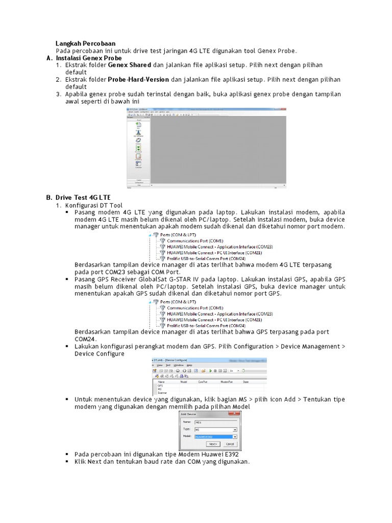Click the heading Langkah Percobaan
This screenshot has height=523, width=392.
coord(85,43)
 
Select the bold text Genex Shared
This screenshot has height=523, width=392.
coord(129,65)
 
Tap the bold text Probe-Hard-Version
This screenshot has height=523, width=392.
coord(138,80)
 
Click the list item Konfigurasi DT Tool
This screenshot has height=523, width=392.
coord(94,205)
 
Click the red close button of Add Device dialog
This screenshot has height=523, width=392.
coord(238,414)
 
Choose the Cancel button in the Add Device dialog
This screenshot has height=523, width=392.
coord(230,444)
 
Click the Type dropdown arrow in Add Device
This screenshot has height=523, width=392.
coord(235,430)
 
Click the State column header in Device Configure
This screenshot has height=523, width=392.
coord(246,381)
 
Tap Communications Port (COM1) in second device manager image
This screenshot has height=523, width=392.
coord(195,308)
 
